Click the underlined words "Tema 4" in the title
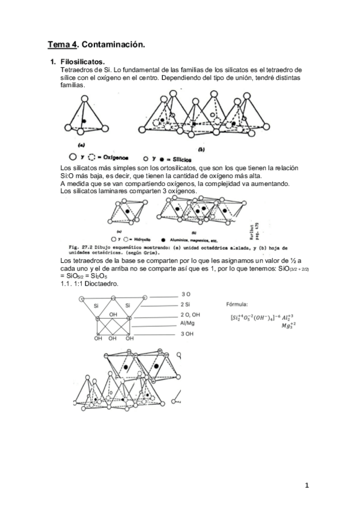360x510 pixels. pos(62,45)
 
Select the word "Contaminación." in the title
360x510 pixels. pos(113,45)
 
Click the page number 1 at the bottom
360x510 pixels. pos(307,486)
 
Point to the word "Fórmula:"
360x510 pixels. pos(237,305)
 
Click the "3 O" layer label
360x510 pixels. pos(186,294)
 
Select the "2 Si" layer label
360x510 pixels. pos(187,305)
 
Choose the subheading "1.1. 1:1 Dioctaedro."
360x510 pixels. pos(90,283)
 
